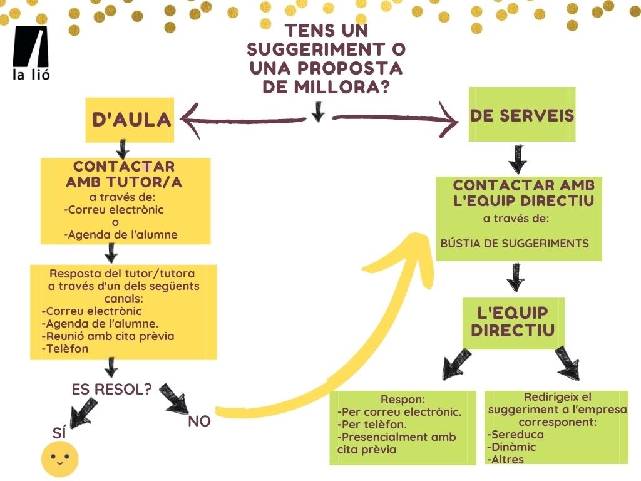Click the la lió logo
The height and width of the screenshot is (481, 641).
click(31, 54)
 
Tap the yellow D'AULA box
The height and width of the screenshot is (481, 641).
click(130, 120)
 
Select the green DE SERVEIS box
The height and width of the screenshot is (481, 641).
click(522, 115)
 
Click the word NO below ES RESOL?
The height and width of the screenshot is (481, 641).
click(199, 422)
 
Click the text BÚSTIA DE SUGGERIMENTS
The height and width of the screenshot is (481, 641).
click(515, 243)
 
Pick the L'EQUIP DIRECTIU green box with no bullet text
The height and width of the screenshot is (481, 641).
click(513, 322)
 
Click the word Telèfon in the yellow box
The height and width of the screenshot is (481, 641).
click(67, 349)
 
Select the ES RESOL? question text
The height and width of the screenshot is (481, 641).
click(112, 388)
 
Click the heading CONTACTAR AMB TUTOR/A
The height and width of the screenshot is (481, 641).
click(124, 174)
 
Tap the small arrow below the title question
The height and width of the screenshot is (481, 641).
click(318, 111)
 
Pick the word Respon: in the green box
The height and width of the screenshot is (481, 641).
click(403, 400)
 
